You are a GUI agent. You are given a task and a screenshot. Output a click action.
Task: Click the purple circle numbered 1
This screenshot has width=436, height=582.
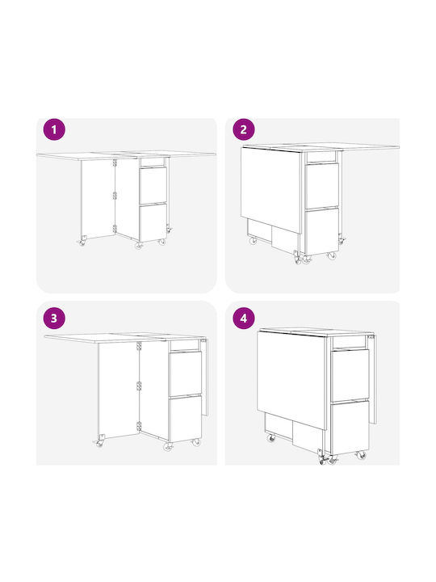coord(54,130)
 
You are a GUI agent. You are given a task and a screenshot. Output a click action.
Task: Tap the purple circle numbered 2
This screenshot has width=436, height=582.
coord(244,130)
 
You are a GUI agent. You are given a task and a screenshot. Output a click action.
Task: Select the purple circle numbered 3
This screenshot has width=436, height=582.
coord(54,318)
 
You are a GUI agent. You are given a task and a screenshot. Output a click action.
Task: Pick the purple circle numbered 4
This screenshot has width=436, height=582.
coord(244,318)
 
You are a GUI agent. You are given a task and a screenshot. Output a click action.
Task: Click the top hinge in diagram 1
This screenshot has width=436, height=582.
coord(115,162)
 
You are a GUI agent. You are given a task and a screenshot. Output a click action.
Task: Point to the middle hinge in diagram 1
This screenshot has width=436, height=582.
coord(115,196)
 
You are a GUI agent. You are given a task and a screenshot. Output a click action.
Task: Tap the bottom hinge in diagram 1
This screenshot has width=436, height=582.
coord(115,229)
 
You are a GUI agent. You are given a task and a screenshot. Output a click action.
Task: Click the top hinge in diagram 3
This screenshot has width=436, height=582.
coord(139,346)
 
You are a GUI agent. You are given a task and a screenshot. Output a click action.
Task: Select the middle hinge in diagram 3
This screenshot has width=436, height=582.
coord(139,386)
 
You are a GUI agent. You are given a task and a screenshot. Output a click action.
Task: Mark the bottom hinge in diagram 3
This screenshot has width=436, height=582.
coord(139,427)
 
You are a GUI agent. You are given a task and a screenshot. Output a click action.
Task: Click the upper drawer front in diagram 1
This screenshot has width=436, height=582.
coord(153,186)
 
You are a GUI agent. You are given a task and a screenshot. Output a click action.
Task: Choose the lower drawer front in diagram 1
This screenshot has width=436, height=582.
coord(153,223)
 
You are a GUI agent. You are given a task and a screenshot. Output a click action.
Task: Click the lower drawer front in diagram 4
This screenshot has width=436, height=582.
coord(350,428)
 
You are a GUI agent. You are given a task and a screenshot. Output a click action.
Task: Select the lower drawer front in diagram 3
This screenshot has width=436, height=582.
coord(186,419)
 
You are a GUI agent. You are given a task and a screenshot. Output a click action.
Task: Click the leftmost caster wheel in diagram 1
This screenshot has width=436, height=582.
coord(82,242)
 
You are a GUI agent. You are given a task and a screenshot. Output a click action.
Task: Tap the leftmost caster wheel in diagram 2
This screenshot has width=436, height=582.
coord(253,240)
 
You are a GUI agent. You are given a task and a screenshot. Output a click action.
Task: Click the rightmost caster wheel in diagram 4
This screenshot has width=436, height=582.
coord(361,455)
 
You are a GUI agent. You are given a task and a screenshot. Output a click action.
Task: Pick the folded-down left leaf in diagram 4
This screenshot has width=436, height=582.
coord(291,380)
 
